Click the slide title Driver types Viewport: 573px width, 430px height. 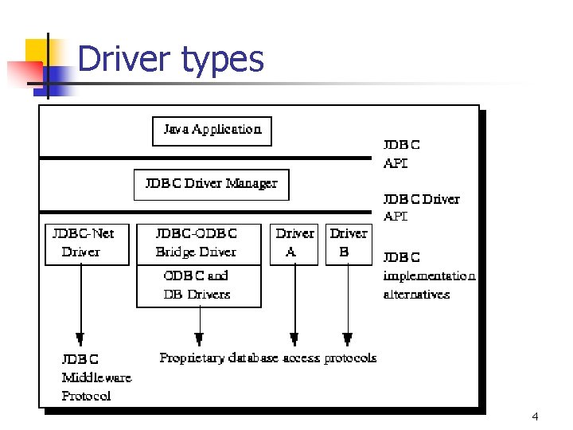[x=170, y=60]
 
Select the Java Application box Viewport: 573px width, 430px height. [x=212, y=131]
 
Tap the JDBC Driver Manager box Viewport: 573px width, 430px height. [x=211, y=184]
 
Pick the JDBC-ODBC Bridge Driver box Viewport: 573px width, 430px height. [x=198, y=244]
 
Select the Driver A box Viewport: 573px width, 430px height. [x=294, y=244]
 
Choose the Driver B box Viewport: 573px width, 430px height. [x=349, y=244]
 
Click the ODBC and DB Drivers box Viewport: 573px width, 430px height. [x=198, y=286]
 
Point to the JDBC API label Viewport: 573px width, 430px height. [x=402, y=154]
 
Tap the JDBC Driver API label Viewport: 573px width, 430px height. [x=421, y=208]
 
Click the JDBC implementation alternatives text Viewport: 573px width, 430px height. [x=428, y=276]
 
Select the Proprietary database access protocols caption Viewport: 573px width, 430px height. [x=267, y=358]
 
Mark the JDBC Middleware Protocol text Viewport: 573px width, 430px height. [x=96, y=377]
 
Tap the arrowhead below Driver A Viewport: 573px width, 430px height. [x=294, y=338]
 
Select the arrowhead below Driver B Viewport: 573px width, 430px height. [x=347, y=338]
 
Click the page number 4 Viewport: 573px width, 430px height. [x=535, y=416]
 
